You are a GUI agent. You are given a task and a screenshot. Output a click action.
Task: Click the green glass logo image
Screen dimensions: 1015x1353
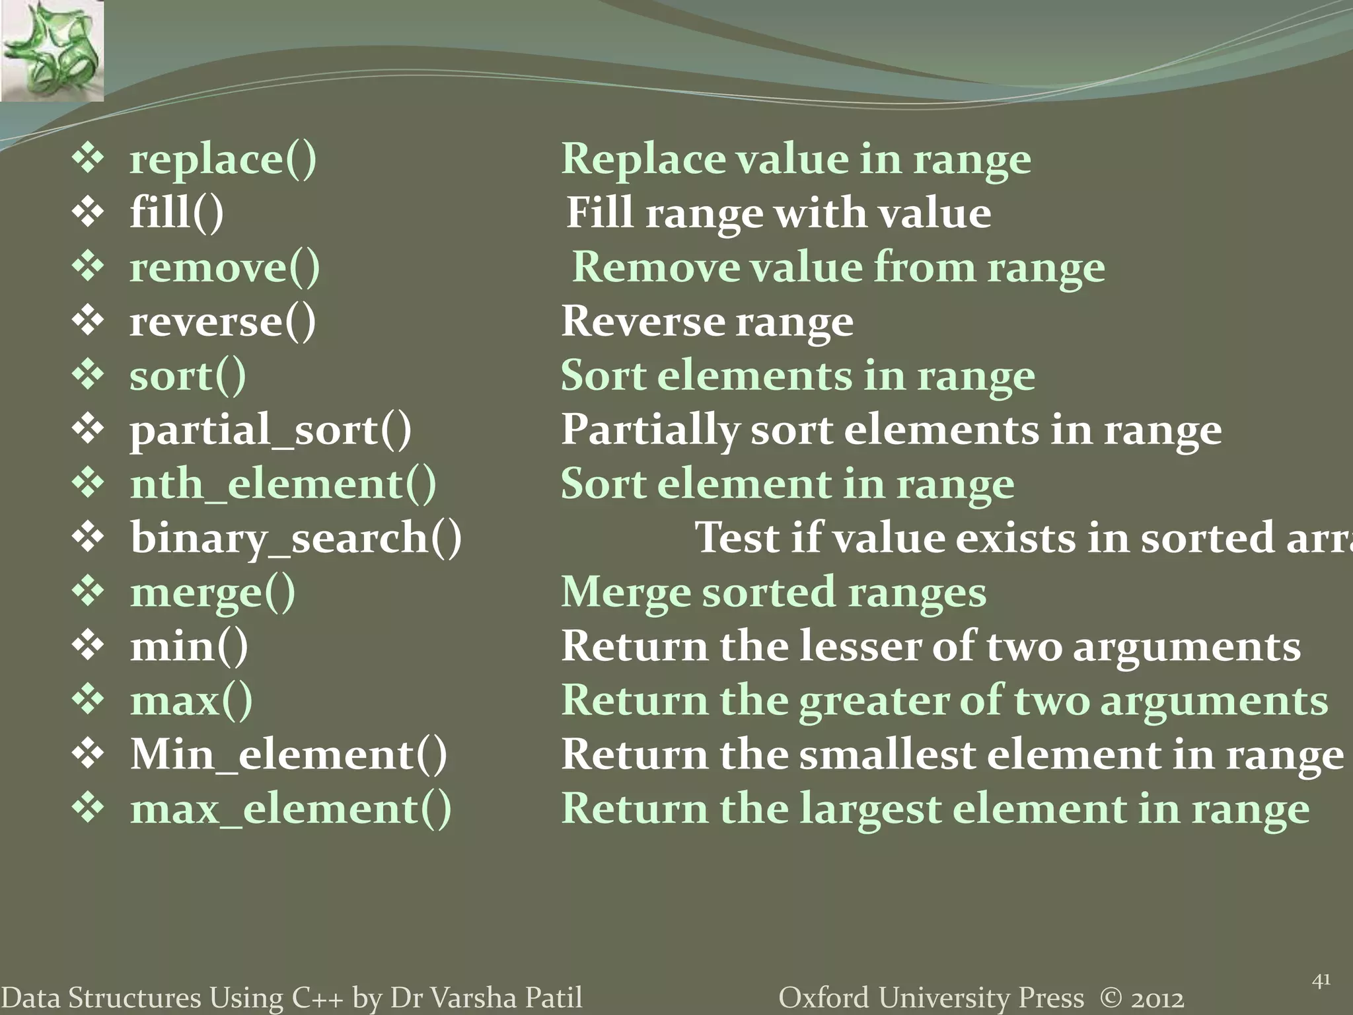coord(52,50)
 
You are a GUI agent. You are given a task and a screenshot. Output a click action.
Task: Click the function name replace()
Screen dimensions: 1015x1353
coord(223,159)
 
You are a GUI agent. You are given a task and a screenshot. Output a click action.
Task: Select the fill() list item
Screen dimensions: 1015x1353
coord(176,213)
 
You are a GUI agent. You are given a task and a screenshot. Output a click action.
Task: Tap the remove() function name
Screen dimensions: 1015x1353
coord(225,268)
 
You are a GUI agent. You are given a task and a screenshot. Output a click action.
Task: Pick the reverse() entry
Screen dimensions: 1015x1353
coord(223,322)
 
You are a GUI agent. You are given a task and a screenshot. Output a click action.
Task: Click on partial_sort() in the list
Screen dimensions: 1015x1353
coord(270,430)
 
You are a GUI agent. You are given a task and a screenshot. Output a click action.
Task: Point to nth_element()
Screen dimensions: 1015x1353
coord(283,484)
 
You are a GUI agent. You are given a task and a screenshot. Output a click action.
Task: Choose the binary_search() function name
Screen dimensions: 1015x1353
coord(295,538)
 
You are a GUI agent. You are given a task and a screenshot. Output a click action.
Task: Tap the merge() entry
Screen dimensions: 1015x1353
coord(213,593)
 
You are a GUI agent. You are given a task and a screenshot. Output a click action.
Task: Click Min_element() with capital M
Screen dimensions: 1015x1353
coord(288,755)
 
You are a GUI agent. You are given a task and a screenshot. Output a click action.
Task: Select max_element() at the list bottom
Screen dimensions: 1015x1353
coord(291,809)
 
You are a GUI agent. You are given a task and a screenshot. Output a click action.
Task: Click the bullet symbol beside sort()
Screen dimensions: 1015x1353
coord(88,375)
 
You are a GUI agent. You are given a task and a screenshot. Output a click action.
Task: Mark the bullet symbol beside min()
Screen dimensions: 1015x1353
coord(88,646)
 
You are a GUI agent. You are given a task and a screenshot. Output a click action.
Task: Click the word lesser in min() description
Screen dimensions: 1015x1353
coord(859,646)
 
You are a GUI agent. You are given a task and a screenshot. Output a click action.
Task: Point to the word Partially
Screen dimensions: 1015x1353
coord(649,430)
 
